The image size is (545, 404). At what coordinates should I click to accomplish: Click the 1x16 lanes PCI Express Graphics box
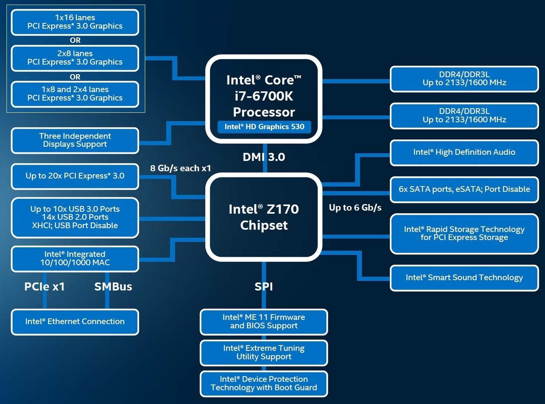tap(75, 22)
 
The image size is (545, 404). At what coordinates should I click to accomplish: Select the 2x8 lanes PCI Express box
tap(75, 58)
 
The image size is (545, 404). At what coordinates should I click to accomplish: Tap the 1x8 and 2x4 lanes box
tap(75, 94)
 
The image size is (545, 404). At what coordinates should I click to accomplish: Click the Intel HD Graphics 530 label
tap(264, 127)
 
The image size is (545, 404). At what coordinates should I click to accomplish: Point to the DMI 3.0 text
tap(264, 157)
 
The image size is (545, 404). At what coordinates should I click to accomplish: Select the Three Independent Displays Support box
tap(75, 140)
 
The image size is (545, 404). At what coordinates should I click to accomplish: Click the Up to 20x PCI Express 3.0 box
tap(75, 176)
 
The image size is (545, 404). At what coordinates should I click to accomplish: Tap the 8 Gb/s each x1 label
tap(180, 168)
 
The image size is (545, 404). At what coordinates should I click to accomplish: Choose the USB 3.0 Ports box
tap(75, 217)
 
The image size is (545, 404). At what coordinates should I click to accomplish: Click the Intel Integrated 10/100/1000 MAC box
tap(75, 259)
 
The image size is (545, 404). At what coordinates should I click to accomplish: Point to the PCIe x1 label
tap(44, 287)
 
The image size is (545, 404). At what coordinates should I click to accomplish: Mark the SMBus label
tap(113, 287)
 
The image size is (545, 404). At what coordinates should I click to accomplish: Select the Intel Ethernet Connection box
tap(75, 322)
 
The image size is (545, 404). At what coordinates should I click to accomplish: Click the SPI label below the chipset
tap(264, 287)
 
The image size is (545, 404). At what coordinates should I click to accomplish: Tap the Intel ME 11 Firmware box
tap(264, 322)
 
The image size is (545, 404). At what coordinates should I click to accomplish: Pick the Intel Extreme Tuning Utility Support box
tap(264, 353)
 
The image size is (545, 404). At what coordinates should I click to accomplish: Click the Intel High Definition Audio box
tap(464, 153)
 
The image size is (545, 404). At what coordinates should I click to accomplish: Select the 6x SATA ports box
tap(464, 189)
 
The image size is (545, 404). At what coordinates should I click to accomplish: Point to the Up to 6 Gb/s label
tap(355, 208)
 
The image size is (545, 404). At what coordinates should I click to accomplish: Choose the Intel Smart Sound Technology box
tap(464, 278)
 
